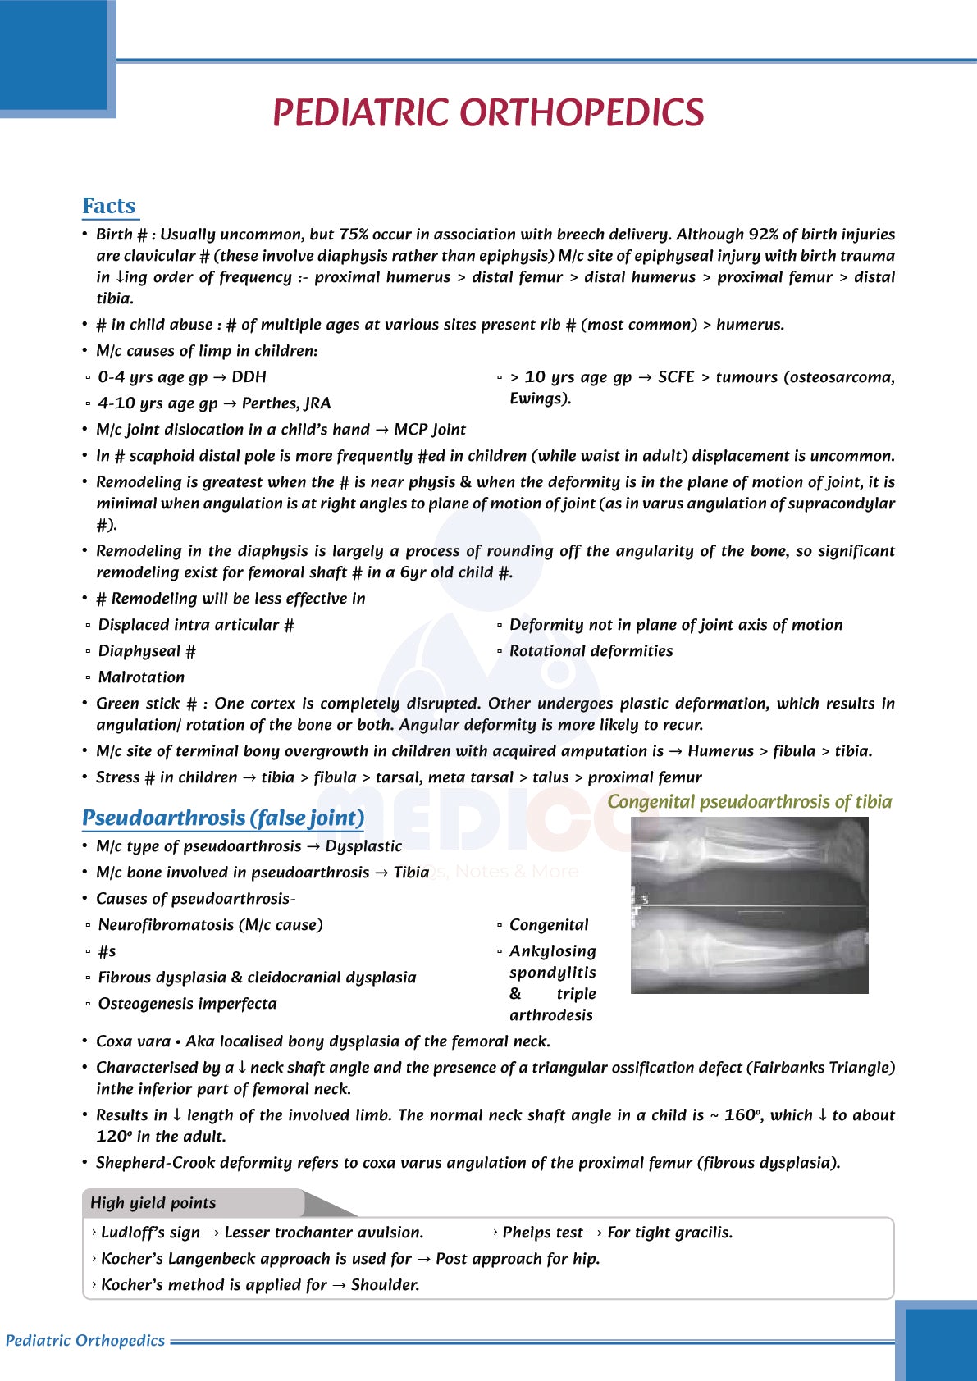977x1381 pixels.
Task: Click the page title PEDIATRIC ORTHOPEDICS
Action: pyautogui.click(x=488, y=113)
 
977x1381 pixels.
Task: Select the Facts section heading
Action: pyautogui.click(x=109, y=206)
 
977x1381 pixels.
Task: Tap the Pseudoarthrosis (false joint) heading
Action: pyautogui.click(x=223, y=818)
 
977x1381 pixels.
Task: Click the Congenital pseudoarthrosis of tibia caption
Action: pyautogui.click(x=749, y=802)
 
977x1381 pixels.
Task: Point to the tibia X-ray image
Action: pyautogui.click(x=749, y=905)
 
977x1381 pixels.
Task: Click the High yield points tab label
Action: pyautogui.click(x=153, y=1203)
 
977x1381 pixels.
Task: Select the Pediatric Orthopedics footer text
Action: pyautogui.click(x=85, y=1341)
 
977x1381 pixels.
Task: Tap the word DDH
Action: pyautogui.click(x=249, y=377)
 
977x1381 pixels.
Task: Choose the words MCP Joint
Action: pyautogui.click(x=430, y=430)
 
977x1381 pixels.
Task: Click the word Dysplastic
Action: pyautogui.click(x=363, y=846)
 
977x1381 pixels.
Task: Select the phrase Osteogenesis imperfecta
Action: pyautogui.click(x=188, y=1004)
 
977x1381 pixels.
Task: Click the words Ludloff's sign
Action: pyautogui.click(x=151, y=1233)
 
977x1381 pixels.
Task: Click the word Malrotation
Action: pyautogui.click(x=142, y=677)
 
